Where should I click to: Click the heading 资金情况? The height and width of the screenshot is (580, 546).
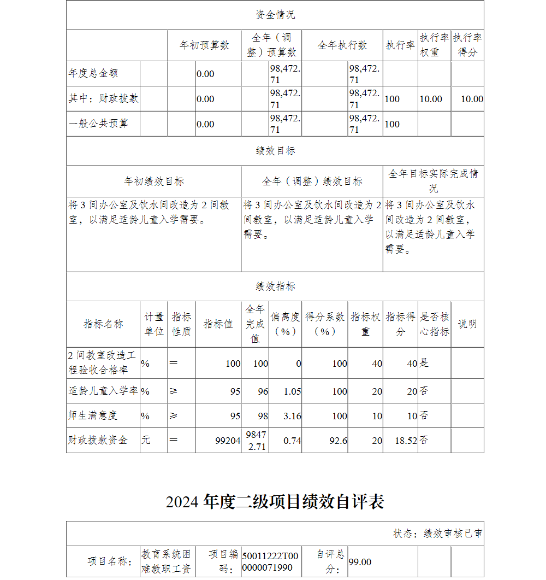(275, 15)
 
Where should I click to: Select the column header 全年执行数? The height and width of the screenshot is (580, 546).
(342, 45)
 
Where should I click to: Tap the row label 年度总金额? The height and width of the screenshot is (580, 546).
(93, 73)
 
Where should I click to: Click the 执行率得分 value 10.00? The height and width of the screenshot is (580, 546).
(472, 99)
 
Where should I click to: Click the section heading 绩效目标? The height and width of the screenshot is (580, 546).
(275, 151)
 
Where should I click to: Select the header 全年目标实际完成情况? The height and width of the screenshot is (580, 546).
(433, 181)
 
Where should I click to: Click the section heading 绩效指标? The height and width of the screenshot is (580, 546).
(275, 286)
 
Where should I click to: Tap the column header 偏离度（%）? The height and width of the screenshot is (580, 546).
(285, 324)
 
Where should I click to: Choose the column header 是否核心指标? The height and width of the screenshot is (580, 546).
(434, 324)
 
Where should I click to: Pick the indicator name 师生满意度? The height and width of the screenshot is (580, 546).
(93, 415)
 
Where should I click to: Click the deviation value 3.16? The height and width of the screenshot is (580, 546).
(292, 416)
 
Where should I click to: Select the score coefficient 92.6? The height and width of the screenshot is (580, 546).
(338, 441)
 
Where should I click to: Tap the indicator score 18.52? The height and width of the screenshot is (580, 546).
(405, 441)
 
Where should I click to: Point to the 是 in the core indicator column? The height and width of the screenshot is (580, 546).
(424, 363)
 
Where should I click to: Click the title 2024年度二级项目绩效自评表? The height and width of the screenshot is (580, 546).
(275, 501)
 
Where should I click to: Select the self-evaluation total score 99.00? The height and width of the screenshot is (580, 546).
(360, 562)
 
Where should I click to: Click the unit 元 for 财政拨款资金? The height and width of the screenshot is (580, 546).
(146, 440)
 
